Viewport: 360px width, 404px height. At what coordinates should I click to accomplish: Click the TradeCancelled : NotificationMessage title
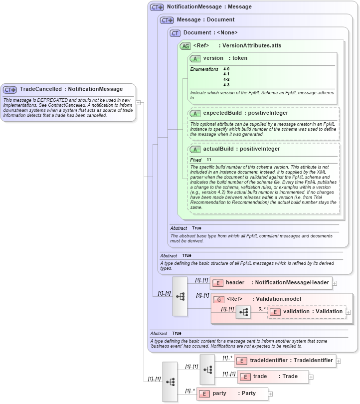coord(71,89)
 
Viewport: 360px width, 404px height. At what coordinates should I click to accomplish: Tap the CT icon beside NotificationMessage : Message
coord(157,7)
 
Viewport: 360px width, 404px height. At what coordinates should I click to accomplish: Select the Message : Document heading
coord(205,20)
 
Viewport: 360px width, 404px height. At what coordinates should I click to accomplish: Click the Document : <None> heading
coord(210,33)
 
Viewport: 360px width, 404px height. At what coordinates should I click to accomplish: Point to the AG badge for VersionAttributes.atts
coord(185,46)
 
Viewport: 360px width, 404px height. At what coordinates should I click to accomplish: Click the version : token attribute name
coord(225,58)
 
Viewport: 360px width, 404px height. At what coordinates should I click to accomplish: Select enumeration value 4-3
coord(226,85)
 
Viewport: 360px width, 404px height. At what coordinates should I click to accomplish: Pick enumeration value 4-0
coord(226,69)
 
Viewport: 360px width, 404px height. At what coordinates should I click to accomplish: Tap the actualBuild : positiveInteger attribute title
coord(241,149)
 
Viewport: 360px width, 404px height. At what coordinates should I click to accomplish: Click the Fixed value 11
coord(209,160)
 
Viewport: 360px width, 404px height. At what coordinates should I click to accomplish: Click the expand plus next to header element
coord(335,283)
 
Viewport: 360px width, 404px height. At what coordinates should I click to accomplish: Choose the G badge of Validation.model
coord(218,299)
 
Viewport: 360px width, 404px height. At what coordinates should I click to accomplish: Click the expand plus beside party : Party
coord(271,394)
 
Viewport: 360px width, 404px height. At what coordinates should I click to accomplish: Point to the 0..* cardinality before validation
coord(262,309)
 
